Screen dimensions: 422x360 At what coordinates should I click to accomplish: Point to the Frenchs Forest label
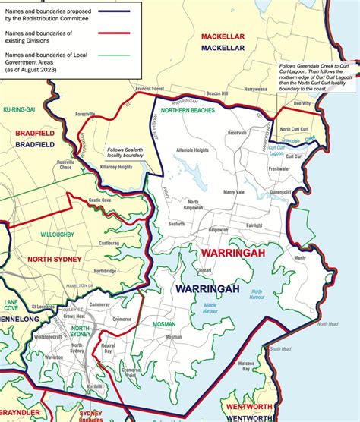pyautogui.click(x=150, y=90)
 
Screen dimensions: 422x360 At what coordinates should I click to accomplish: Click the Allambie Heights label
pyautogui.click(x=193, y=150)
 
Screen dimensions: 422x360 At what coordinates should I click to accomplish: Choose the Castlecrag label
pyautogui.click(x=107, y=243)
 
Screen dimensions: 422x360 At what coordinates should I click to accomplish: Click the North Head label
pyautogui.click(x=327, y=324)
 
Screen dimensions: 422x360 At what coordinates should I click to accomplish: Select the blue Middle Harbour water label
pyautogui.click(x=210, y=307)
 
